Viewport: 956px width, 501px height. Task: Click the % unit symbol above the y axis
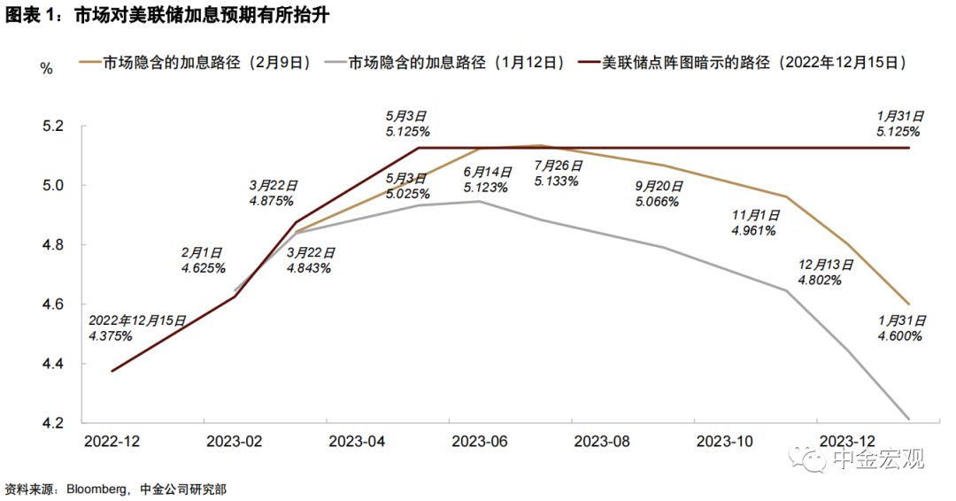coord(47,68)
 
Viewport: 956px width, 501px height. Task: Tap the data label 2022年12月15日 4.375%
coord(135,328)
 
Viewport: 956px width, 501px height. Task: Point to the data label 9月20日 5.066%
coord(658,194)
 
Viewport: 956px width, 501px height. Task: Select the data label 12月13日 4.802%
coord(821,273)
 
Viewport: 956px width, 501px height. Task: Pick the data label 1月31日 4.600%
coord(901,328)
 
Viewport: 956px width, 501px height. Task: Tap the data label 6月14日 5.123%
coord(485,180)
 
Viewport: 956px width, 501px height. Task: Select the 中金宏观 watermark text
coord(877,459)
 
